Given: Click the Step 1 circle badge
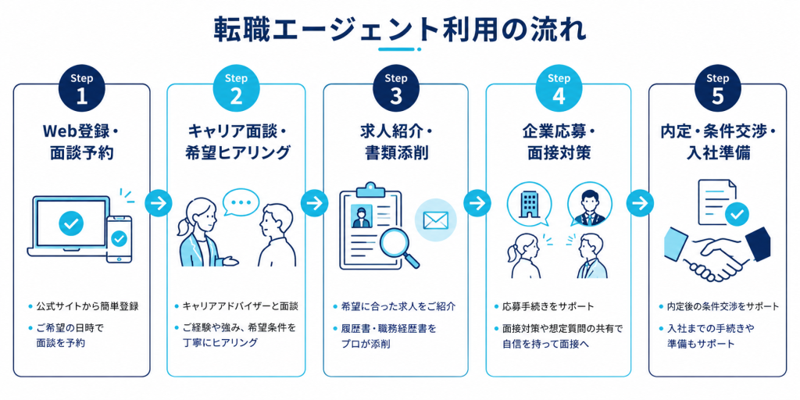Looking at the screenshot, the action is (x=81, y=89).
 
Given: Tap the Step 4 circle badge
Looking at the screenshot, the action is (x=559, y=89).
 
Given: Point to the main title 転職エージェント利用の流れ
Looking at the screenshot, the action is (x=399, y=30).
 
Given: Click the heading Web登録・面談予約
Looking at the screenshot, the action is (x=81, y=142).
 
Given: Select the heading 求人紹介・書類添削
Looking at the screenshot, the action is (x=395, y=142).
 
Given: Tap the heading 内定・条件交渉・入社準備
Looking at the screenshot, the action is (x=717, y=142).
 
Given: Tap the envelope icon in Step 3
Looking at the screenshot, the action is (x=435, y=220).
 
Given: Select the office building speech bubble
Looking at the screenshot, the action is (x=526, y=205).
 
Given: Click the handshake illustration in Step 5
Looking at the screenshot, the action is (x=717, y=252).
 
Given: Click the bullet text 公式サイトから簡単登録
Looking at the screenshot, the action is (x=87, y=307).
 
